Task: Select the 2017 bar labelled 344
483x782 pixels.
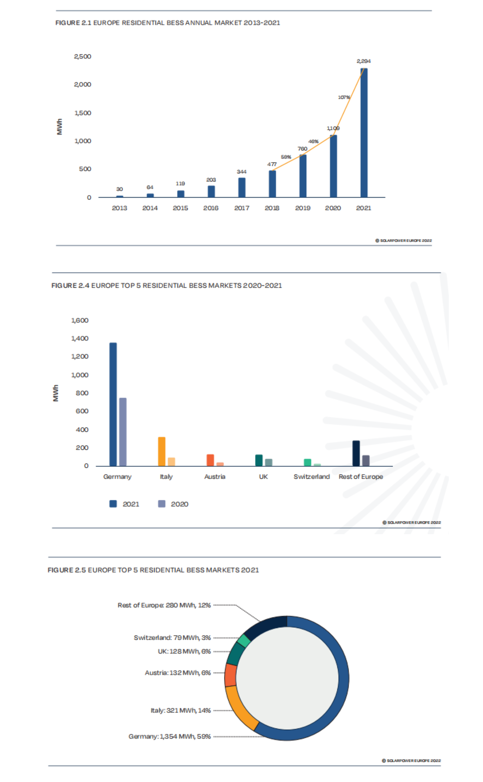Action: (x=242, y=187)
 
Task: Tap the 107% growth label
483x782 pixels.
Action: (x=344, y=97)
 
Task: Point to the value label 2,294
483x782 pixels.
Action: (x=364, y=61)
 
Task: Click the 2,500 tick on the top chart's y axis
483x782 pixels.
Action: (x=83, y=56)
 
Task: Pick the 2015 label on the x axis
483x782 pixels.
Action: (x=180, y=208)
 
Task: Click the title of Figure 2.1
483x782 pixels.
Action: (x=168, y=23)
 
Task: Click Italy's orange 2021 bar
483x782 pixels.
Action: (x=162, y=452)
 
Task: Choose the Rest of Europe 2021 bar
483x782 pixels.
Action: (x=356, y=453)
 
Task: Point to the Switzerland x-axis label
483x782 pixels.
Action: (x=312, y=477)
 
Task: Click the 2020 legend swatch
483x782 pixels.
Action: (x=162, y=504)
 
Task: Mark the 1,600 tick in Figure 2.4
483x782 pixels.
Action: (x=80, y=321)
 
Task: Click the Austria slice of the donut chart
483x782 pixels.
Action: (x=230, y=675)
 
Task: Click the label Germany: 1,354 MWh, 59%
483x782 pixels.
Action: (x=169, y=736)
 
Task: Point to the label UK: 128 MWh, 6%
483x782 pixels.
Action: (x=184, y=651)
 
